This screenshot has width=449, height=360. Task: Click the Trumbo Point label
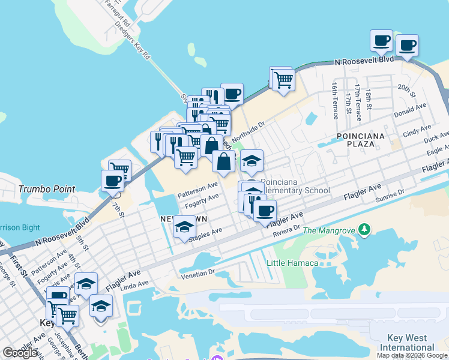(x=47, y=189)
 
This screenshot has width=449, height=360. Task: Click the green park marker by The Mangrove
(x=364, y=230)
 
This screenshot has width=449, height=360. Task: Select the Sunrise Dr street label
(x=390, y=195)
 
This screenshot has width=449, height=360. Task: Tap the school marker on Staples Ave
(x=185, y=228)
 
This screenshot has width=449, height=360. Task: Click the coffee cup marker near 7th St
(x=112, y=181)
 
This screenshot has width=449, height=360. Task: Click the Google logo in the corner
(x=20, y=352)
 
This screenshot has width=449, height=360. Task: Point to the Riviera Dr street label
(x=286, y=231)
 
